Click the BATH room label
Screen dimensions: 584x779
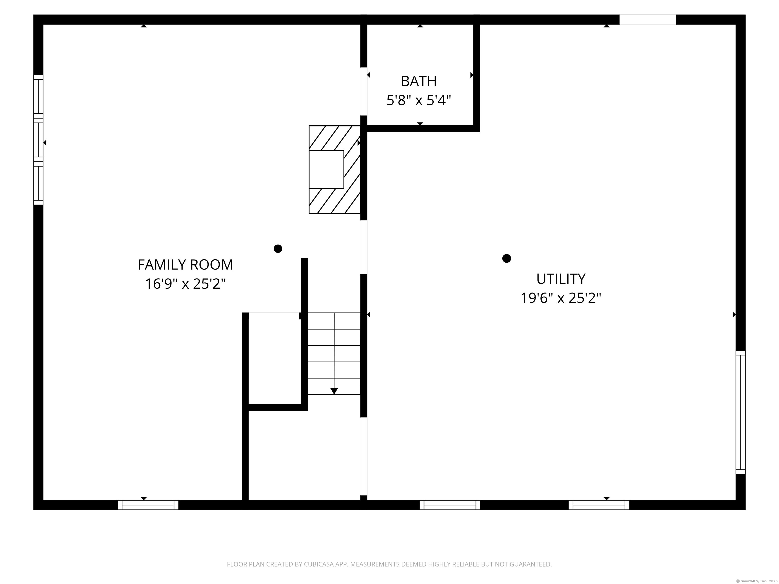pyautogui.click(x=418, y=81)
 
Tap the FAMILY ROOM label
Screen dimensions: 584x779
pyautogui.click(x=185, y=265)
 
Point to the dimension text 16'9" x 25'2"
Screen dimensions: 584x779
pyautogui.click(x=185, y=284)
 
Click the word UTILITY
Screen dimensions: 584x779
pyautogui.click(x=561, y=279)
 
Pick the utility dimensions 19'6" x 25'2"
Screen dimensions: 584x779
pyautogui.click(x=561, y=298)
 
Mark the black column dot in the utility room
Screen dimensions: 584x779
pyautogui.click(x=506, y=258)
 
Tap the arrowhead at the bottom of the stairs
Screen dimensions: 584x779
pyautogui.click(x=334, y=391)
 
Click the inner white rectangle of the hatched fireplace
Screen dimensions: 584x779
pyautogui.click(x=326, y=169)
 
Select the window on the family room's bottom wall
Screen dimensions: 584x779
pyautogui.click(x=148, y=505)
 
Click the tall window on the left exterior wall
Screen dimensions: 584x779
pyautogui.click(x=38, y=140)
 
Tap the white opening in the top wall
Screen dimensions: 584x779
pyautogui.click(x=647, y=20)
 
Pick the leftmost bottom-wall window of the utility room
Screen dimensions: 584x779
pyautogui.click(x=450, y=505)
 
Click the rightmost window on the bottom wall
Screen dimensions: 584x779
pyautogui.click(x=599, y=505)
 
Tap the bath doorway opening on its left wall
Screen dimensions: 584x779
pyautogui.click(x=364, y=91)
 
